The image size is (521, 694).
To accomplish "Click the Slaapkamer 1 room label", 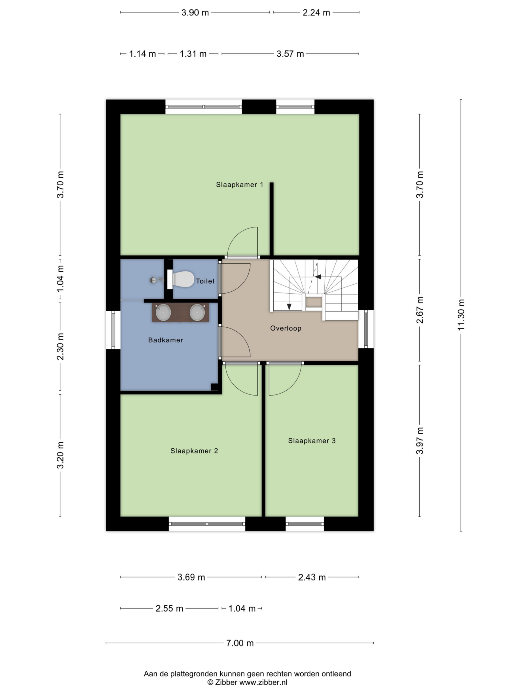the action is [239, 185].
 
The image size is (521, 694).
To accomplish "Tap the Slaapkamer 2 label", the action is [194, 451].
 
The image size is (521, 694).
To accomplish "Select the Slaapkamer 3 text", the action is [312, 441].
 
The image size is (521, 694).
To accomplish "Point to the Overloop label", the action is [286, 328].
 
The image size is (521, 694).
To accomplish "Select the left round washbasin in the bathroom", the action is [163, 312].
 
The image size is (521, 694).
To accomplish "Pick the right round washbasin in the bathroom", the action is [198, 312].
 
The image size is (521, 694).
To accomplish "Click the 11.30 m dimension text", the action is [461, 315].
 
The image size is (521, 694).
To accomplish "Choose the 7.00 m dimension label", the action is [240, 643].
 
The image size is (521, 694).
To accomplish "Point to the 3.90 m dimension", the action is [195, 12].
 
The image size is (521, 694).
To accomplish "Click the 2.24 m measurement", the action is [316, 12].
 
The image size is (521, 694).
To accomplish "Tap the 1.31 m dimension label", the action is [193, 54].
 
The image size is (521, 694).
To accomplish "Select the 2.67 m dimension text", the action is [420, 310].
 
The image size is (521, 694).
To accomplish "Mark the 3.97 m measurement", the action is [420, 441].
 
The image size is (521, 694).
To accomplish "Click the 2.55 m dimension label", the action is [169, 608].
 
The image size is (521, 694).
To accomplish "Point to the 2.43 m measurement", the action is [312, 577].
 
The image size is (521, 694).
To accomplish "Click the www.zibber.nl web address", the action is [263, 682].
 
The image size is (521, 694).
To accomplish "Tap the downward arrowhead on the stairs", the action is [289, 307].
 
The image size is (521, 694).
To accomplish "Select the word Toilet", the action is [205, 281].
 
